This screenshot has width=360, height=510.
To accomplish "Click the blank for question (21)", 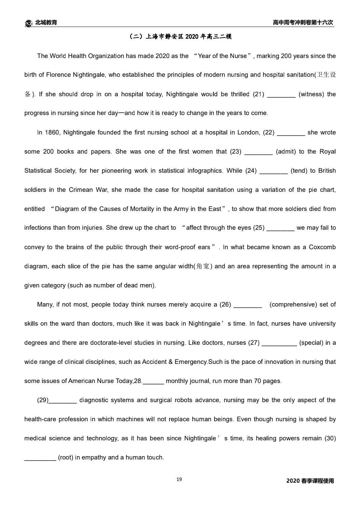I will click(x=281, y=95).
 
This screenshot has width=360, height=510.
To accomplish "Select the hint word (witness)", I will click(x=311, y=94).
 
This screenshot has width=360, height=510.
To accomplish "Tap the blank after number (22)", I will click(x=291, y=133).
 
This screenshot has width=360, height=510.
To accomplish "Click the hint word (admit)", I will click(x=285, y=152).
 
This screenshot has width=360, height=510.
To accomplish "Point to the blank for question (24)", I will click(x=273, y=171).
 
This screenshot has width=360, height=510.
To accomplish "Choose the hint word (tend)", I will click(x=299, y=171).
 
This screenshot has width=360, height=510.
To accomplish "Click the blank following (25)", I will click(x=280, y=228).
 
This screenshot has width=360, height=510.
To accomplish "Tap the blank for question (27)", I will click(x=279, y=343).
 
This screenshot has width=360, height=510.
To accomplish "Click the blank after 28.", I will click(x=153, y=381).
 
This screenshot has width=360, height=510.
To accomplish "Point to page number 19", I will click(x=179, y=480).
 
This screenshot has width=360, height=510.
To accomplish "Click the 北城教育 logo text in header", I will click(x=46, y=23).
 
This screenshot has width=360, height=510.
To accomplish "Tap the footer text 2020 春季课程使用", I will click(x=310, y=481).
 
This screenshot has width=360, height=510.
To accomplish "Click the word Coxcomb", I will click(x=322, y=247).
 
